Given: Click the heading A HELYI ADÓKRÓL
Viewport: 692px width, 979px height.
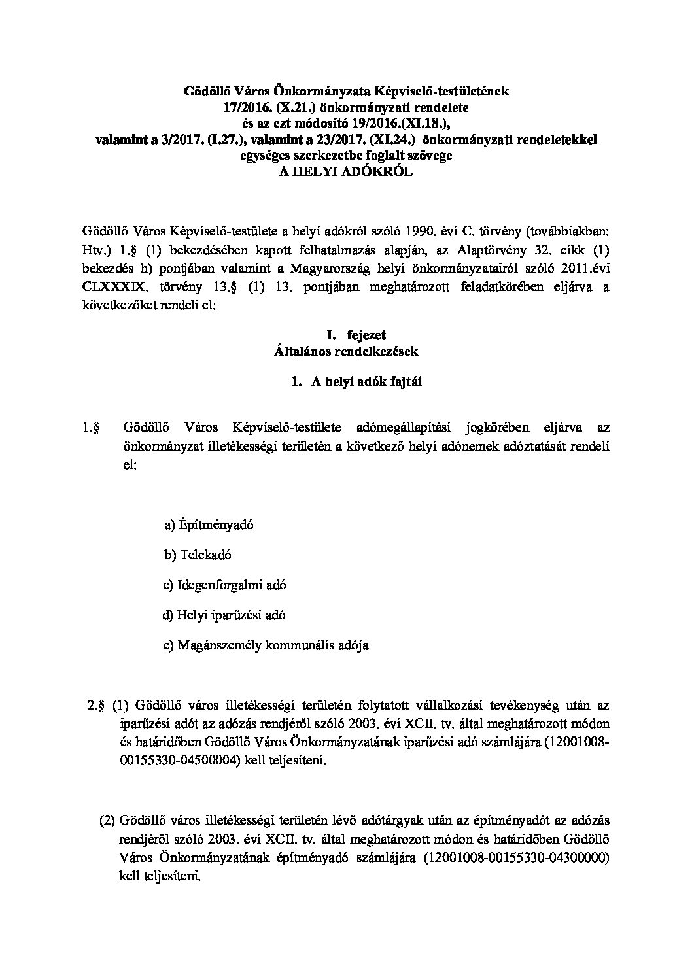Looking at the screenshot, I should [345, 171].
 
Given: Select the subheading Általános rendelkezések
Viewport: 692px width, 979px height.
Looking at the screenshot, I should [345, 351].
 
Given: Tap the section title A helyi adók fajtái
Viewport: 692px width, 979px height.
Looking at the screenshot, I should [356, 383].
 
